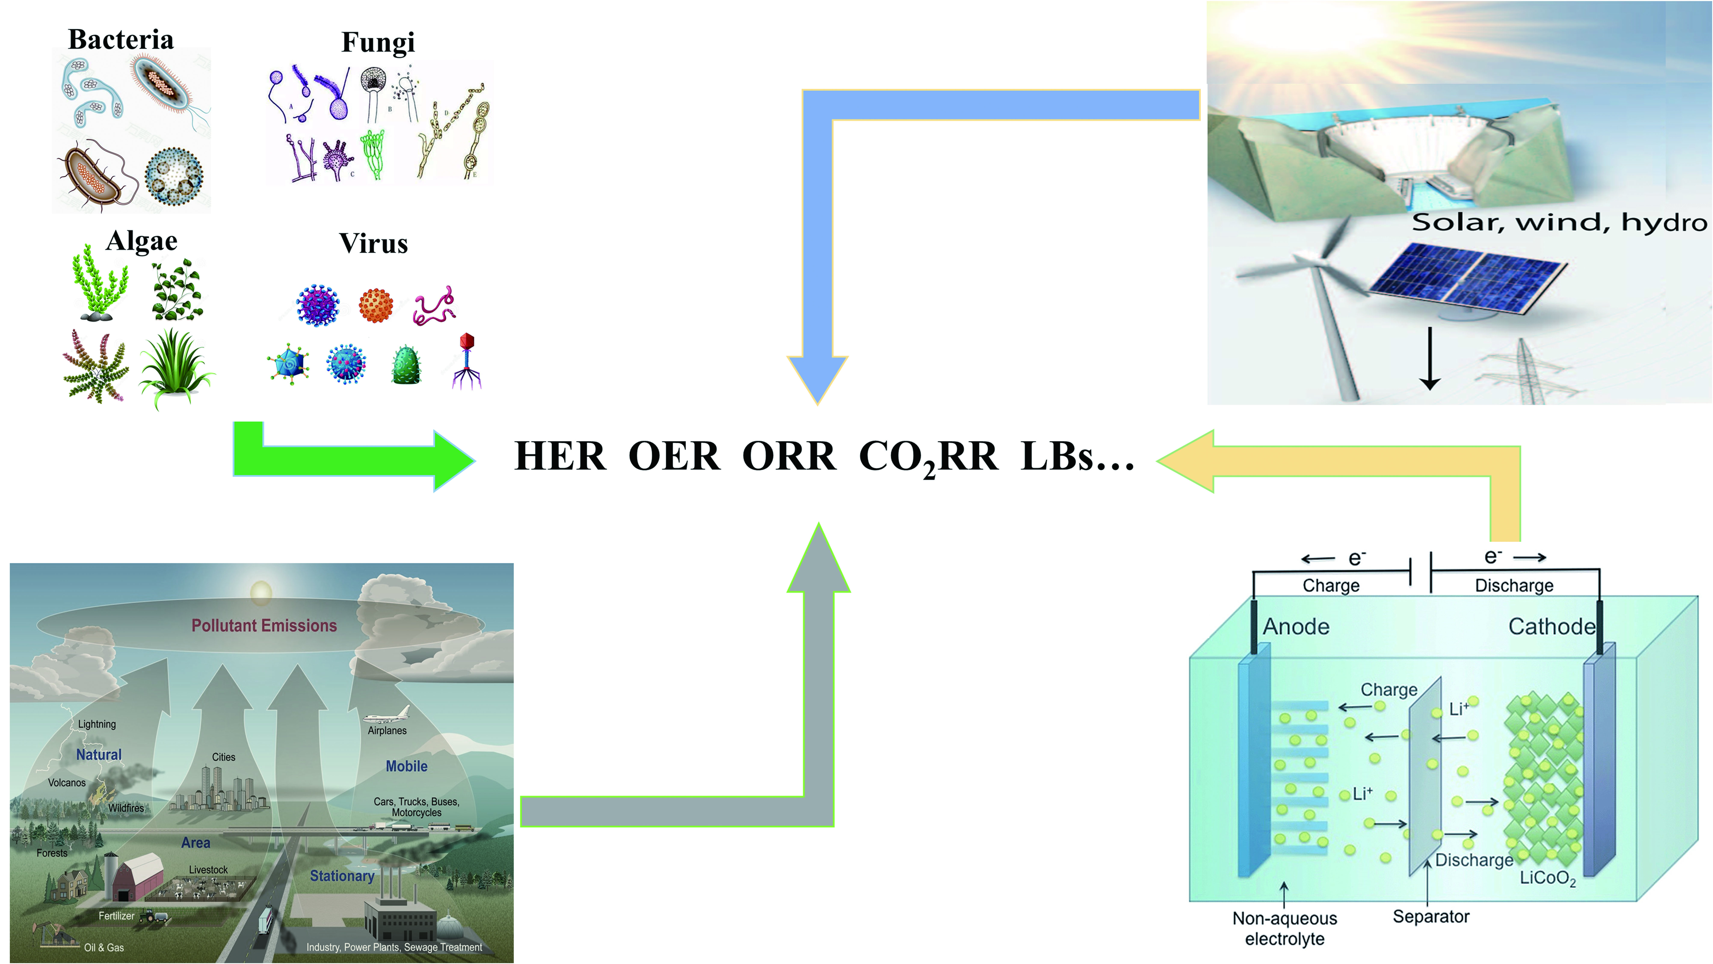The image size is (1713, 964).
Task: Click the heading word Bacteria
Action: point(121,39)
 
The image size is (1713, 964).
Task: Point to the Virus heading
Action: point(374,243)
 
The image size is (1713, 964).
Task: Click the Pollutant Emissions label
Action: point(264,626)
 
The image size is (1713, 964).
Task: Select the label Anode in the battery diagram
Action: point(1296,626)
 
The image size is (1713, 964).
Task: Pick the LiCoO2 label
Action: point(1548,878)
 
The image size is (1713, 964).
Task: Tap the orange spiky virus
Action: point(376,305)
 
